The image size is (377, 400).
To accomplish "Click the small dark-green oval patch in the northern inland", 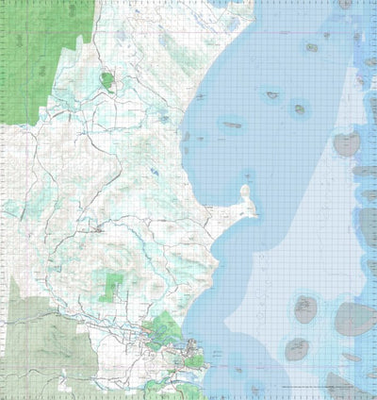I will [x=107, y=81].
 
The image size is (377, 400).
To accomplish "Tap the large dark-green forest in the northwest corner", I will [x=42, y=57].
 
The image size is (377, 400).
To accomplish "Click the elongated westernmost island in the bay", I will [x=232, y=125].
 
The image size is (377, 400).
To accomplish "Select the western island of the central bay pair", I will [x=272, y=95].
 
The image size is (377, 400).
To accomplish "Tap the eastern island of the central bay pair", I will [x=299, y=108].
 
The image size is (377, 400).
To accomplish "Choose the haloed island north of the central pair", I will [x=311, y=47].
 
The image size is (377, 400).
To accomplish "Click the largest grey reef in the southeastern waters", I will [x=354, y=319].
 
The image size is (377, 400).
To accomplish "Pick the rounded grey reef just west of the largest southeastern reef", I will [x=304, y=308].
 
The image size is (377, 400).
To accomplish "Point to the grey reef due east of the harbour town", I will [x=297, y=349].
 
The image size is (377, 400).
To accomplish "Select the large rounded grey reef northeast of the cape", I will [x=347, y=144].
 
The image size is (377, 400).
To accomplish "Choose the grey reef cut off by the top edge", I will [x=345, y=4].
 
